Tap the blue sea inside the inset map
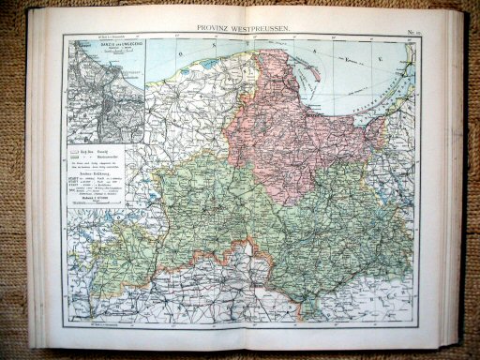(x=131, y=66)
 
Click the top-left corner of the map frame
(x=64, y=36)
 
